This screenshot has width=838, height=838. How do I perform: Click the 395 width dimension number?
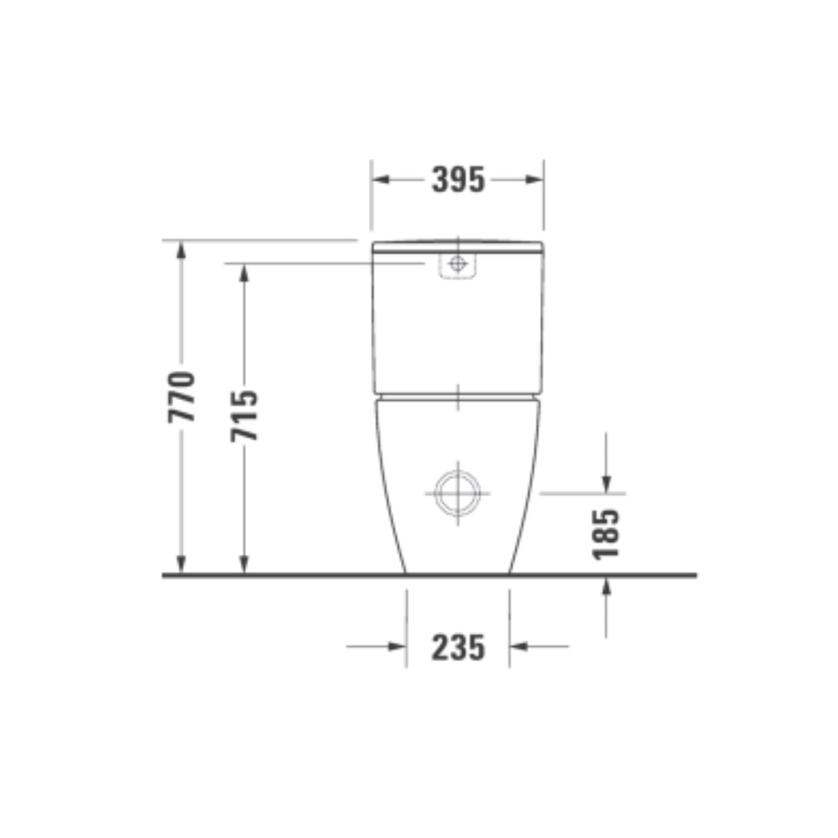coord(458,179)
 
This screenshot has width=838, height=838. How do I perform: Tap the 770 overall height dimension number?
coord(181,397)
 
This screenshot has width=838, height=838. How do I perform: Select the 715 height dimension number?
coord(244,416)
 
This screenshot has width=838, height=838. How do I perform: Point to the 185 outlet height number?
coord(606,535)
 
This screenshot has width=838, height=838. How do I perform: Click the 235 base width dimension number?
coord(458,647)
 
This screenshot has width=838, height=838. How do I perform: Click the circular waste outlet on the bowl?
coord(458,493)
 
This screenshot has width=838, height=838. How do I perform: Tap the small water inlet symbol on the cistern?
coord(457,263)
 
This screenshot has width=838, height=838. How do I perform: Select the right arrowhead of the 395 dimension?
coord(534,179)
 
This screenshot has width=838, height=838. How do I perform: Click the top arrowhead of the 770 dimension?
coord(181,250)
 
